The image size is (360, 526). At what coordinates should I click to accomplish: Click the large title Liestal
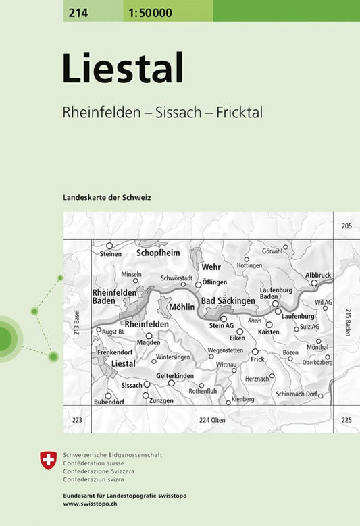coord(123,70)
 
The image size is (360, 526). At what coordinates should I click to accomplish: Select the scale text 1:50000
coord(148,10)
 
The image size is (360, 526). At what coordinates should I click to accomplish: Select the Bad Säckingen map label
coord(228,300)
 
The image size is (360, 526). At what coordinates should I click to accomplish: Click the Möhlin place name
coord(182,307)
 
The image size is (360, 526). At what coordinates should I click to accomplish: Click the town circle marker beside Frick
coord(255,352)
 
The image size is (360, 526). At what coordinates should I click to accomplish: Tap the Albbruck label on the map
coord(318,275)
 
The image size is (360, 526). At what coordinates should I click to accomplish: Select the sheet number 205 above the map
coord(346,226)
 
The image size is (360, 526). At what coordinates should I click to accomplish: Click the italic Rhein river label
coord(255,320)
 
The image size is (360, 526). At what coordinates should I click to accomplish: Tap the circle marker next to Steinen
coord(109,246)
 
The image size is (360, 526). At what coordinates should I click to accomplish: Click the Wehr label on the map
coord(211,267)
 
